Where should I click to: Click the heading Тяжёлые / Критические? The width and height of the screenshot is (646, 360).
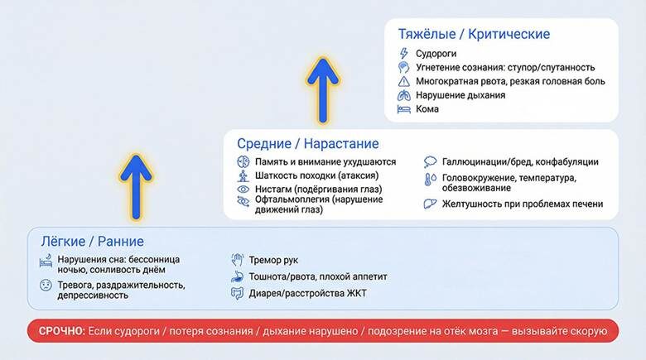pyautogui.click(x=474, y=35)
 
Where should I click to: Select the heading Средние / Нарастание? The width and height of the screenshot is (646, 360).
pyautogui.click(x=307, y=144)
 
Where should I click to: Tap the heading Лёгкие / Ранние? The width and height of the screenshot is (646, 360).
pyautogui.click(x=92, y=242)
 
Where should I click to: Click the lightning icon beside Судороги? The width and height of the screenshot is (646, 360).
pyautogui.click(x=403, y=54)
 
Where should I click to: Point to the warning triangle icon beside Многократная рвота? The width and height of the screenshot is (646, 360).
pyautogui.click(x=403, y=81)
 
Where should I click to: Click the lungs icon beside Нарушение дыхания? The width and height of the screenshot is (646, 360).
pyautogui.click(x=403, y=95)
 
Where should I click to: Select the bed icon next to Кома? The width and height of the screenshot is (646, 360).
pyautogui.click(x=403, y=109)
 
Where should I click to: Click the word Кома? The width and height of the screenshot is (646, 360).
pyautogui.click(x=428, y=109)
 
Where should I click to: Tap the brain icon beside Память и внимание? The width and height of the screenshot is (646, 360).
pyautogui.click(x=243, y=162)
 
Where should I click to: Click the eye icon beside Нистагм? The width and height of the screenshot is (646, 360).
pyautogui.click(x=243, y=189)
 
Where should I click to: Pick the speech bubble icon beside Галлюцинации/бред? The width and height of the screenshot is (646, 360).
pyautogui.click(x=431, y=162)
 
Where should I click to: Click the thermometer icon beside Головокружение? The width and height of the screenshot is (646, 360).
pyautogui.click(x=431, y=179)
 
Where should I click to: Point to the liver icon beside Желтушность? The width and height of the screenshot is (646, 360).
pyautogui.click(x=431, y=204)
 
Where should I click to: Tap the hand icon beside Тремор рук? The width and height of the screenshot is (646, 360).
pyautogui.click(x=236, y=259)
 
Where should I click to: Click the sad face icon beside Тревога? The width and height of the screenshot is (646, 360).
pyautogui.click(x=46, y=286)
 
